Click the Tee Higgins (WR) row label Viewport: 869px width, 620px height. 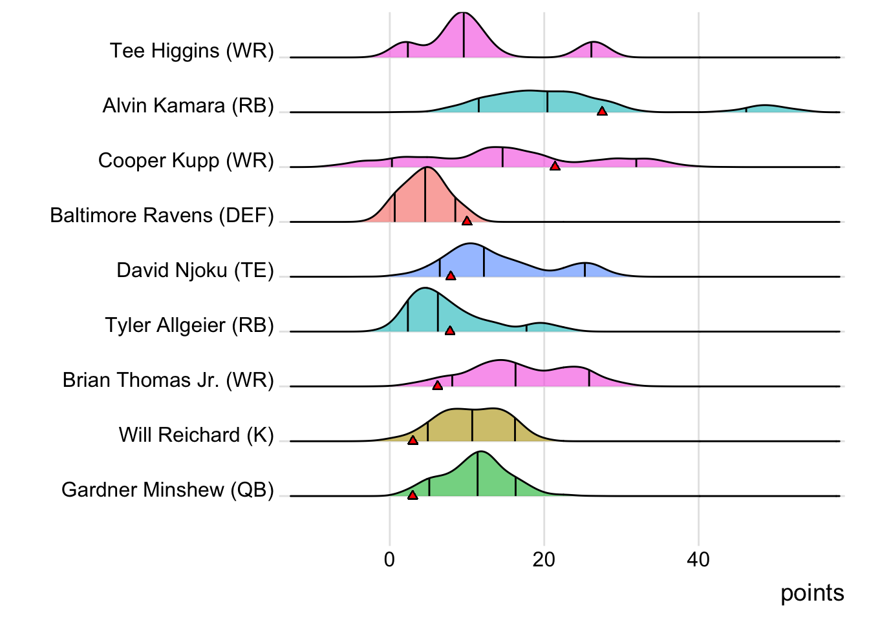[x=192, y=50]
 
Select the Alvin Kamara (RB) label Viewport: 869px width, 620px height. [x=188, y=105]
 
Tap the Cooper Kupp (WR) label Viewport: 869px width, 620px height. [x=186, y=160]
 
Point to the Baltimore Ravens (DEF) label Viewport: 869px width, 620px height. [x=162, y=215]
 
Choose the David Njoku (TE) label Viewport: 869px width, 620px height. [x=195, y=270]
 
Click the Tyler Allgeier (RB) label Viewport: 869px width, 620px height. [x=189, y=325]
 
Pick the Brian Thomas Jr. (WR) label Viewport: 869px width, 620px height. [x=168, y=380]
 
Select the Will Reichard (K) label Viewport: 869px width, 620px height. [x=197, y=435]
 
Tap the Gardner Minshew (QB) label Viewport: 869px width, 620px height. [x=167, y=490]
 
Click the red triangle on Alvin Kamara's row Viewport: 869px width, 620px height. [x=602, y=112]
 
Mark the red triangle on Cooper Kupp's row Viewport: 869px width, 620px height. [x=555, y=167]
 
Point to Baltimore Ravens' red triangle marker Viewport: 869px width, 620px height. [x=467, y=222]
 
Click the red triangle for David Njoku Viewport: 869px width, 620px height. [x=451, y=276]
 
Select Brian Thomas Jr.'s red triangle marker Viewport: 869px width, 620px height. [x=438, y=386]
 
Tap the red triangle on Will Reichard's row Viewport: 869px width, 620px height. [x=413, y=440]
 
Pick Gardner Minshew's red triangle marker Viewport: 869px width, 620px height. [x=413, y=495]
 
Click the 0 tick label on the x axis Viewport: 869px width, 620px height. [x=389, y=559]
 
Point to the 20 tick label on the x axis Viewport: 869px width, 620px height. [x=544, y=559]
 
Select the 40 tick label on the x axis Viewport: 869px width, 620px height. [x=698, y=559]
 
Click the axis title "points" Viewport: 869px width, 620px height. [x=812, y=593]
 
